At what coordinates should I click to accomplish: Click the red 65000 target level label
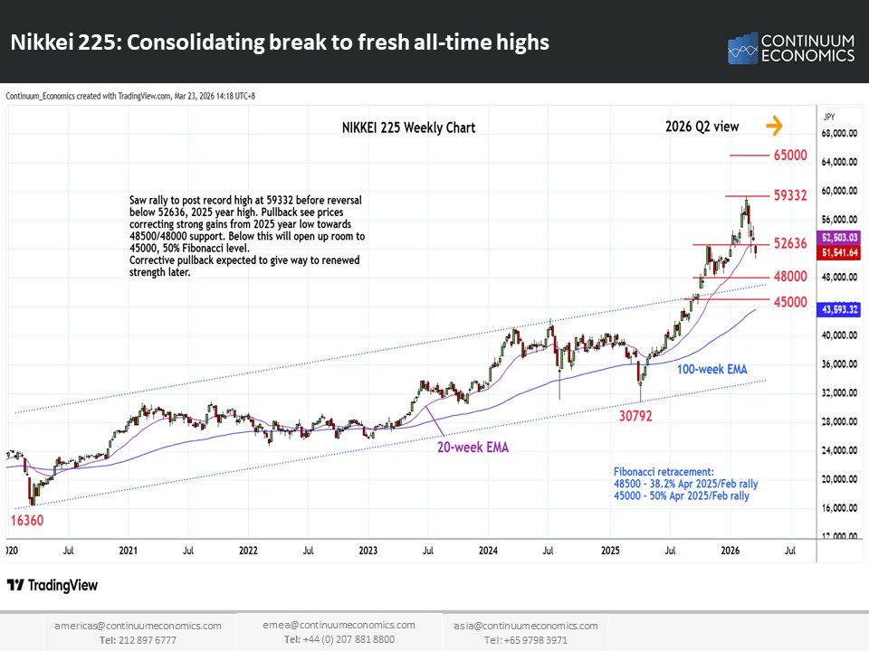(789, 156)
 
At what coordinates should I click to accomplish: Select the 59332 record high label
(789, 195)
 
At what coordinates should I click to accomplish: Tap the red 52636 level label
(789, 244)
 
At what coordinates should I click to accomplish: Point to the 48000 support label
(789, 277)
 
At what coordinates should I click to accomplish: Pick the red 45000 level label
(789, 301)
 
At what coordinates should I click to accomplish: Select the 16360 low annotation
(27, 521)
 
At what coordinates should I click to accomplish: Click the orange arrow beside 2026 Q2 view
(774, 126)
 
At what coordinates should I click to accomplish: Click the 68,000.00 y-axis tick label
(839, 134)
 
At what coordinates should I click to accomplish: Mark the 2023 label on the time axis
(368, 550)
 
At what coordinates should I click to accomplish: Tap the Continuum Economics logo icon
(742, 49)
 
